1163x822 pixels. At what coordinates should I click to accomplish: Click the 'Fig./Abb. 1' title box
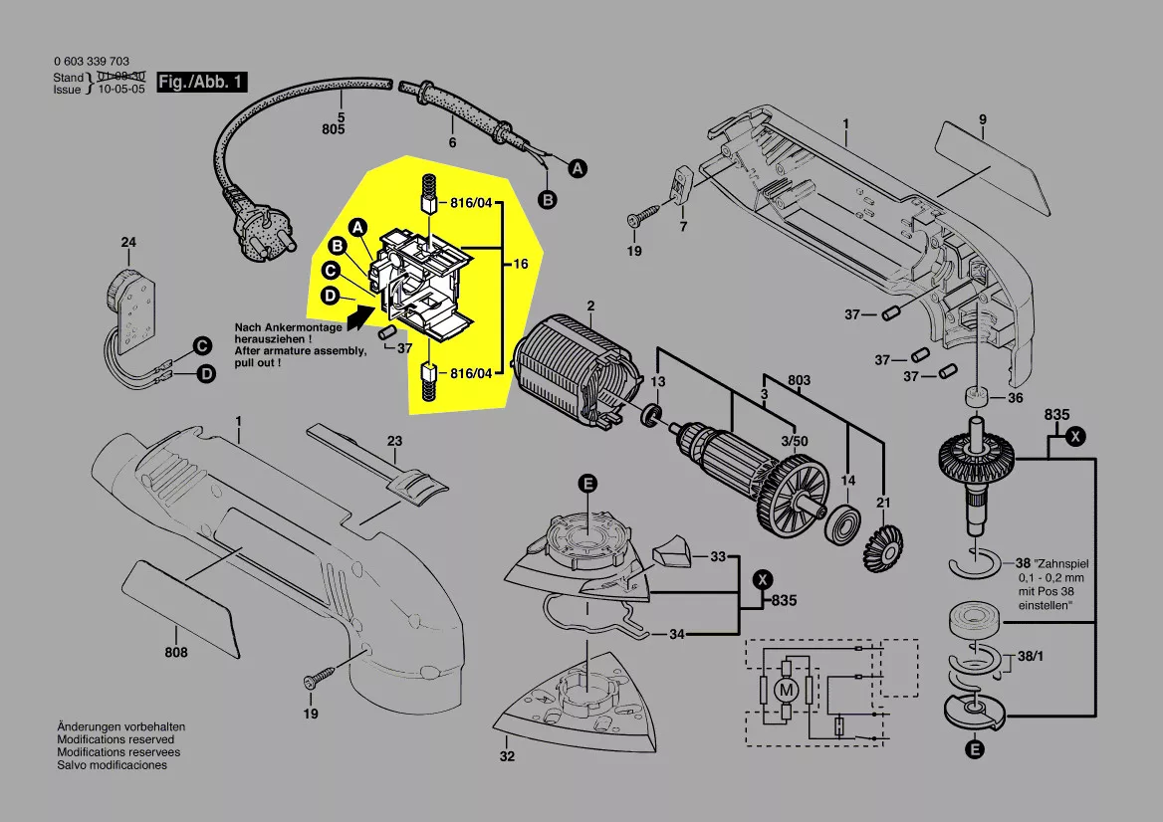(202, 82)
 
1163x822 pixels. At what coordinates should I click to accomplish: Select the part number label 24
(128, 243)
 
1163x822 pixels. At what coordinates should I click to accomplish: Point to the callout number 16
(521, 263)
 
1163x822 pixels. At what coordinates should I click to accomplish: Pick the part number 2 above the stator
(590, 306)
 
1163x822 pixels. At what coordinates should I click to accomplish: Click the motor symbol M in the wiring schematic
(787, 691)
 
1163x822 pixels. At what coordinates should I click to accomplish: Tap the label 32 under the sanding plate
(507, 756)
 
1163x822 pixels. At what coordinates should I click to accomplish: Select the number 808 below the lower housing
(176, 652)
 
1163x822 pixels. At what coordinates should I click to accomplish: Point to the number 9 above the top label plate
(983, 119)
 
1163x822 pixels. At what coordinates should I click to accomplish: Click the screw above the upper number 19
(644, 216)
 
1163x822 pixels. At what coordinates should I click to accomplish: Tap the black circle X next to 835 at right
(1074, 437)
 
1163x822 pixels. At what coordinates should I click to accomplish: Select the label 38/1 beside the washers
(1031, 656)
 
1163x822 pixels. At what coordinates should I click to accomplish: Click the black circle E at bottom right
(975, 749)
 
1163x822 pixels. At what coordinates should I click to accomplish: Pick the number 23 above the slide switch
(394, 441)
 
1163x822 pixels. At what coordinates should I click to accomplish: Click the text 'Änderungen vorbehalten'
(120, 727)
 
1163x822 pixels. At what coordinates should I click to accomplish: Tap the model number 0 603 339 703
(92, 62)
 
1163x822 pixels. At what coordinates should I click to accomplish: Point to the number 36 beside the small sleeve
(1015, 398)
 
